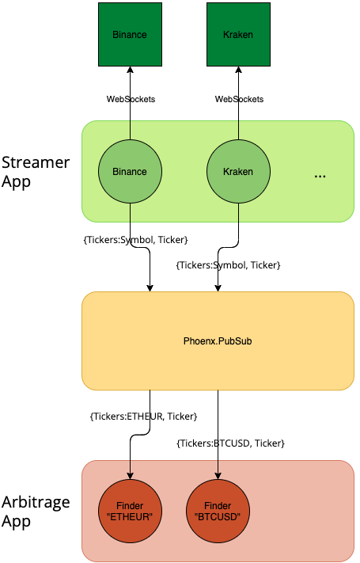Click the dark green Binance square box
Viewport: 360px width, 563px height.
(130, 34)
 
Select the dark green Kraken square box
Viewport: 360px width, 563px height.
(238, 34)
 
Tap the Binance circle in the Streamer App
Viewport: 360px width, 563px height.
(130, 171)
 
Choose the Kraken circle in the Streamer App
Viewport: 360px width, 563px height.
(238, 171)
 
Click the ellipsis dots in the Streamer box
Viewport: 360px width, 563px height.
(320, 177)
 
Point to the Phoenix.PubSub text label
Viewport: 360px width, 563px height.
(218, 341)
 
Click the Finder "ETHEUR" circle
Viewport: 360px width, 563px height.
(130, 510)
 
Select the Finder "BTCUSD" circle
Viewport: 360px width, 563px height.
(218, 510)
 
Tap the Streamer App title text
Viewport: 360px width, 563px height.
(36, 172)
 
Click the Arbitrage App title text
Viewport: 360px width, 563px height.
(36, 511)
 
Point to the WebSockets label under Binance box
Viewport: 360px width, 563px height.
(131, 99)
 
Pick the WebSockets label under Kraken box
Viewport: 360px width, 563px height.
(240, 99)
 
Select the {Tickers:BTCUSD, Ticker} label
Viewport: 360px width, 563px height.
(230, 443)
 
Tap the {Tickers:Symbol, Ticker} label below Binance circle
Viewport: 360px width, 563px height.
(135, 239)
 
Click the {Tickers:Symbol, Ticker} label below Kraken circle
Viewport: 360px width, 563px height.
(228, 264)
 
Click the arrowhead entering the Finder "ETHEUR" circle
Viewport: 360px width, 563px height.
(130, 475)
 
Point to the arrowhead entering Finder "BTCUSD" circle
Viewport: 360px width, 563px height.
(218, 475)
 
